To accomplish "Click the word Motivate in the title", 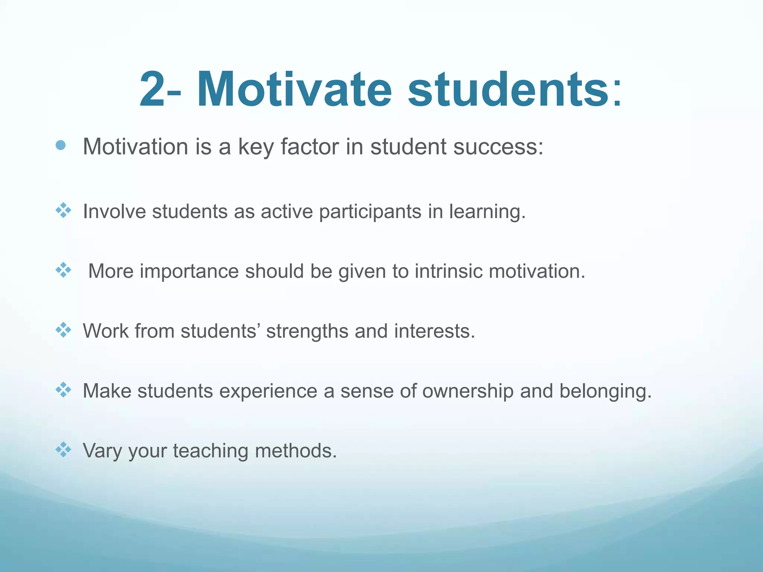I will pos(294,90).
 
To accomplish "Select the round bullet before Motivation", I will pos(61,145).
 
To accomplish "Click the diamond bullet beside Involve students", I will pos(63,210).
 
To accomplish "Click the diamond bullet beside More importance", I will pos(63,270).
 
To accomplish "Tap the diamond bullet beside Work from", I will pos(63,330).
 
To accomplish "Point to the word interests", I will pos(434,331).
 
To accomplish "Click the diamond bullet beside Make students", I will pos(63,390).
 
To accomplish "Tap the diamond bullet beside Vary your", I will pos(63,449).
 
